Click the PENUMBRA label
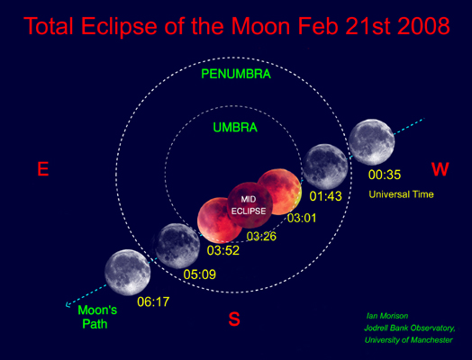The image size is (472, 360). pos(235,73)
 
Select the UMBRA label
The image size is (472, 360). pos(235,128)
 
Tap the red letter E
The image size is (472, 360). pos(41,168)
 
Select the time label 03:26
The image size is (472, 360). pos(261,237)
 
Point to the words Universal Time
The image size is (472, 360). pos(402,194)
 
